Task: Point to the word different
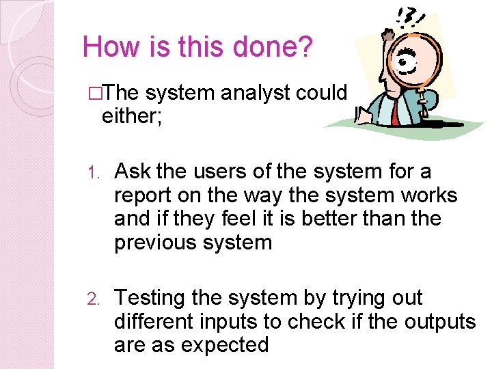coord(155,321)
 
